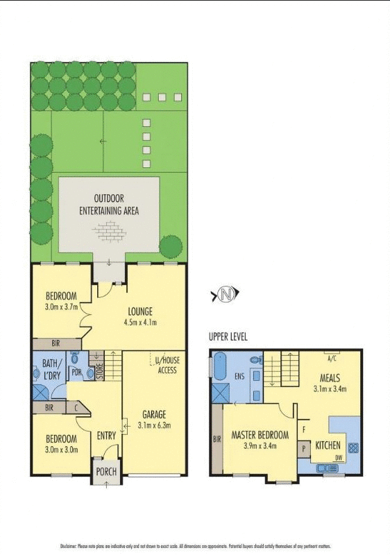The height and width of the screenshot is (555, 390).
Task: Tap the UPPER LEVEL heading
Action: point(228,336)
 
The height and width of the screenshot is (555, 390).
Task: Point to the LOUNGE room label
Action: point(139,311)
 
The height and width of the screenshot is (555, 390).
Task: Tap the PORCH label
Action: point(106,473)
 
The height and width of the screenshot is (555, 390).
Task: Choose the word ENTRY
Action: point(106,436)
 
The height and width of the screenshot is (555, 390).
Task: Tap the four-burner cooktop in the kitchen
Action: point(353,448)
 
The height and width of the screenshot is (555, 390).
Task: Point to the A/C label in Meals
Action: point(332,359)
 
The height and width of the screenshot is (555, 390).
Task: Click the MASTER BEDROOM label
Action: point(260,435)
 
